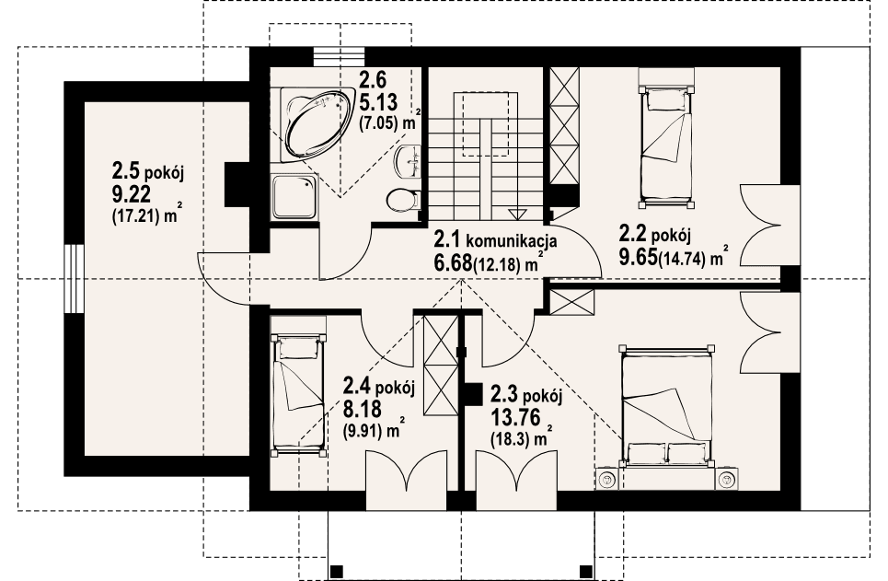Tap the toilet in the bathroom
pos(401,200)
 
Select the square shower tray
pos(294,196)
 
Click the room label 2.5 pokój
pos(148,170)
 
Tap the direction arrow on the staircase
pos(517,213)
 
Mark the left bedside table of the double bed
pos(607,479)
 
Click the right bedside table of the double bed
pos(726,479)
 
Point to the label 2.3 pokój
pos(525,394)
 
